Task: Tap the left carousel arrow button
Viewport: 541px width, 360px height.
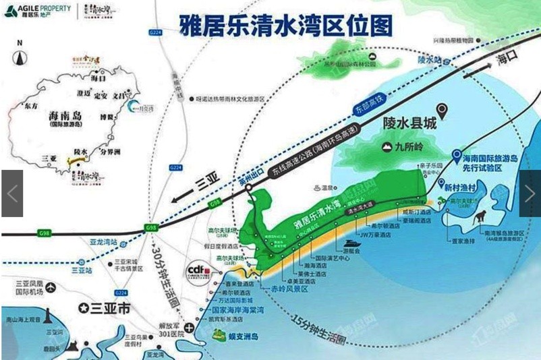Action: pyautogui.click(x=12, y=193)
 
